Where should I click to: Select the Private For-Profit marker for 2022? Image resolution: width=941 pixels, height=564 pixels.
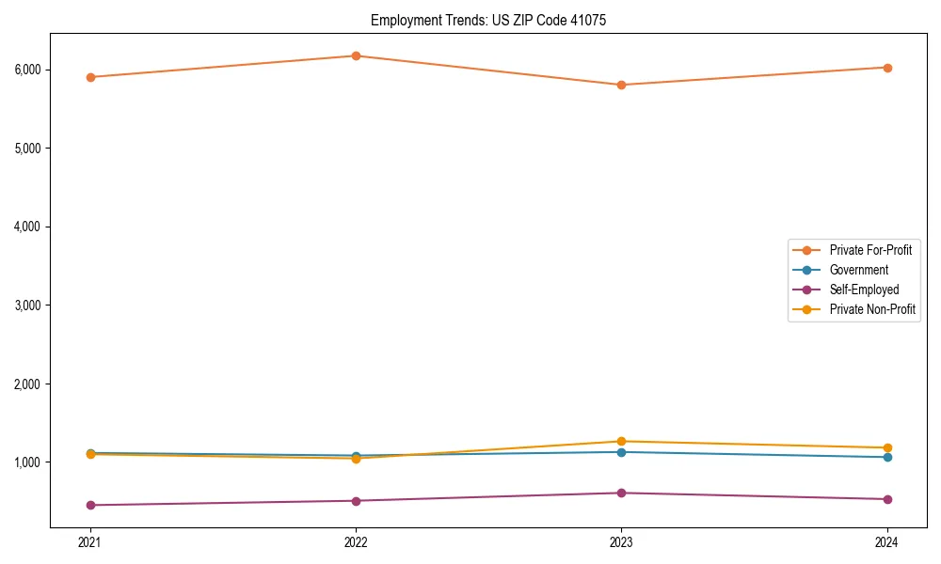356,55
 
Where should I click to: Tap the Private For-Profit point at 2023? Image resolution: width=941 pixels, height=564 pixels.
621,85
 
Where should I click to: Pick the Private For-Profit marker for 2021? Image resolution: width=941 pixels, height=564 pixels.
90,77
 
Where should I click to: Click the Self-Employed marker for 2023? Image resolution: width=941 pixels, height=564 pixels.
621,493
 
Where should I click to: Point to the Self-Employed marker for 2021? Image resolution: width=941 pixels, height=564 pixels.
90,505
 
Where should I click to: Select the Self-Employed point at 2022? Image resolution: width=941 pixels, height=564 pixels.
356,501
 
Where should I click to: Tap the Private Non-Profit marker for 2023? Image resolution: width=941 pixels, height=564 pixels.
621,441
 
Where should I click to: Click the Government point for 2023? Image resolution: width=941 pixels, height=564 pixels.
621,452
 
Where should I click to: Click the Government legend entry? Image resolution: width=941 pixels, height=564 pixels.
858,270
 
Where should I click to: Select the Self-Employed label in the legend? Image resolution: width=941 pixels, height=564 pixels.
864,290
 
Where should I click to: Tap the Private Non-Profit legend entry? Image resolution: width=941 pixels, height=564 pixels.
872,309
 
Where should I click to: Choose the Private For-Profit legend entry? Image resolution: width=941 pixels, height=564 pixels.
870,250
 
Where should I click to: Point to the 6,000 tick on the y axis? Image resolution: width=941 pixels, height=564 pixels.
53,70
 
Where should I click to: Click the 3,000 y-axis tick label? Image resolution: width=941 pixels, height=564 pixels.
53,305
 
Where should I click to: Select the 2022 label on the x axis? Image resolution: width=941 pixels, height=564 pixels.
356,542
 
